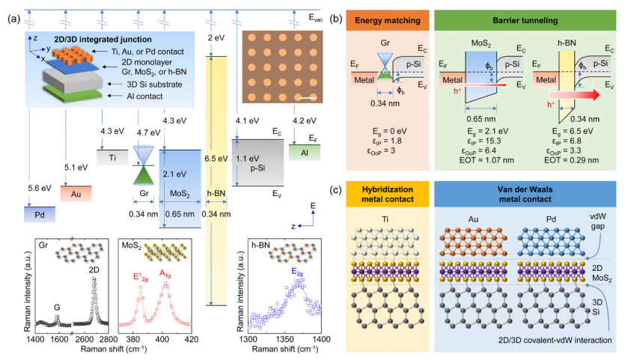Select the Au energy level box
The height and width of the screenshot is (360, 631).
pyautogui.click(x=76, y=192)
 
